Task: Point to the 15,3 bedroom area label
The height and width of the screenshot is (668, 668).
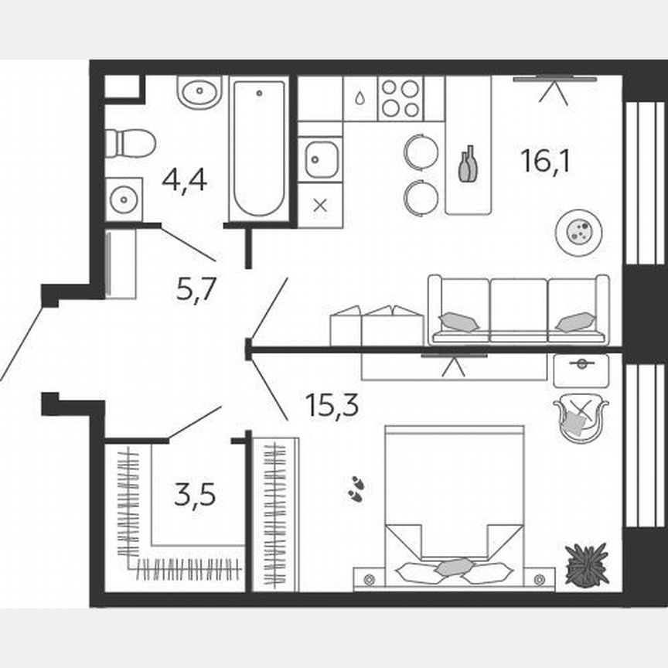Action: [x=332, y=404]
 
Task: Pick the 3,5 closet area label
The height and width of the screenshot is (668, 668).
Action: [x=194, y=493]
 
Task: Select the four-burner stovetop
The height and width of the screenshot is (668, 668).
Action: [x=400, y=98]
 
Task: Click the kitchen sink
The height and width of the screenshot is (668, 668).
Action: [x=319, y=160]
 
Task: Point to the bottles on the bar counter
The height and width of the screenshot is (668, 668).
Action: [x=468, y=164]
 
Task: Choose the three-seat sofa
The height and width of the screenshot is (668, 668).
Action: [x=518, y=309]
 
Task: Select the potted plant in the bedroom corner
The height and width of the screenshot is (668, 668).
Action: [x=587, y=564]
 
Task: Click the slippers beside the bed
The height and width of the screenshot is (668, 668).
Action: [x=356, y=489]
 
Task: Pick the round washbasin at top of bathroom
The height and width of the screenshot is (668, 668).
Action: [x=199, y=93]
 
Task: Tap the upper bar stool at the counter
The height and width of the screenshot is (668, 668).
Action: [x=421, y=151]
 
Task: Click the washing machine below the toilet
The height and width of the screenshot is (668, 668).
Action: [x=124, y=199]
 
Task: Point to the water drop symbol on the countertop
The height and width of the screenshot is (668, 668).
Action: [x=361, y=99]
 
